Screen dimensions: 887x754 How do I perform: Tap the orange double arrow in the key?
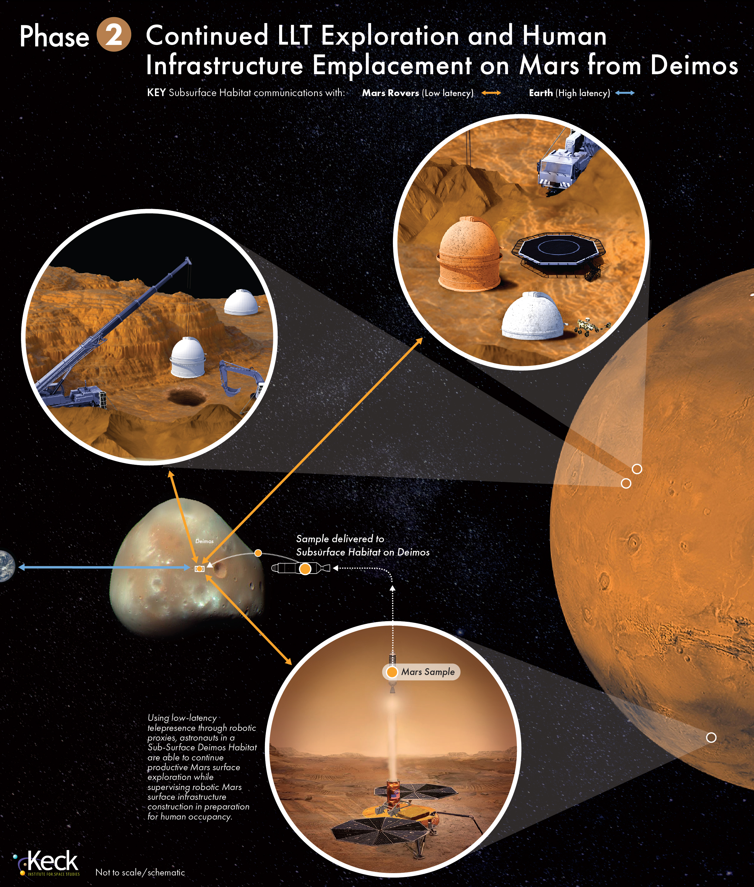(491, 93)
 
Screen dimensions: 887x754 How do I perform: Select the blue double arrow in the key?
(624, 93)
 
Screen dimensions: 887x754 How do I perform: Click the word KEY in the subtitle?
(156, 93)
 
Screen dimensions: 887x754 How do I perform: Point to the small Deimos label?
(204, 541)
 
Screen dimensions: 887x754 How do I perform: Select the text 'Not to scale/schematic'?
(140, 873)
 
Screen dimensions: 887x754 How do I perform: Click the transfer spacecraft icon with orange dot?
(301, 569)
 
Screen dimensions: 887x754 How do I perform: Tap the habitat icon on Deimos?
(199, 569)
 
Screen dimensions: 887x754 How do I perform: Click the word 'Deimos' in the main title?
(694, 65)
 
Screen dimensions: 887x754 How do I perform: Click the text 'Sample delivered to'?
(340, 539)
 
